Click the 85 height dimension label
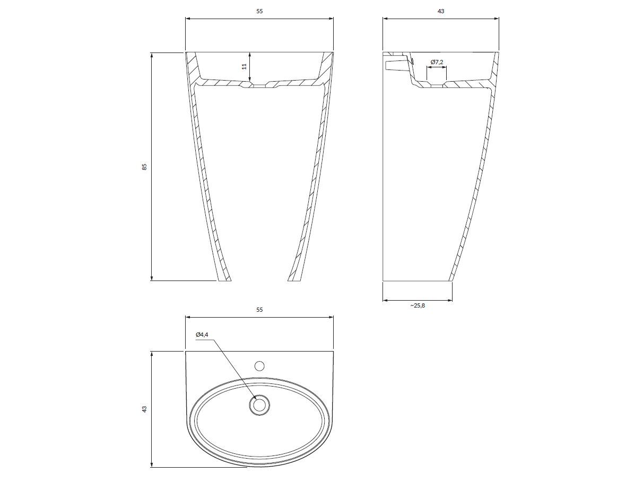[x=144, y=166]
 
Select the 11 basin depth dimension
[x=245, y=67]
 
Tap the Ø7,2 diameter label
[x=437, y=62]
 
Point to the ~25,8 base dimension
[x=418, y=305]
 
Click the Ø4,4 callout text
[x=202, y=335]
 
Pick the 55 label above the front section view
[x=259, y=11]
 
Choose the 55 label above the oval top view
[x=259, y=309]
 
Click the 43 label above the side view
[x=441, y=11]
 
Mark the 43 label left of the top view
[x=144, y=409]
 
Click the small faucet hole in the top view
[x=259, y=365]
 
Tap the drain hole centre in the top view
[x=259, y=406]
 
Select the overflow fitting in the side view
[x=395, y=65]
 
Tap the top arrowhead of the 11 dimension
[x=249, y=54]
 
